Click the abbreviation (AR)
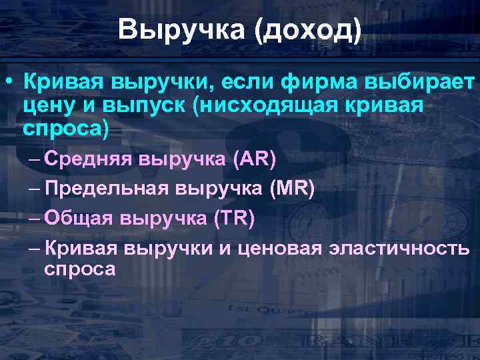(255, 160)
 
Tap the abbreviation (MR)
(292, 189)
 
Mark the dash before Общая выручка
(35, 219)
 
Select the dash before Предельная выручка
(35, 189)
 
